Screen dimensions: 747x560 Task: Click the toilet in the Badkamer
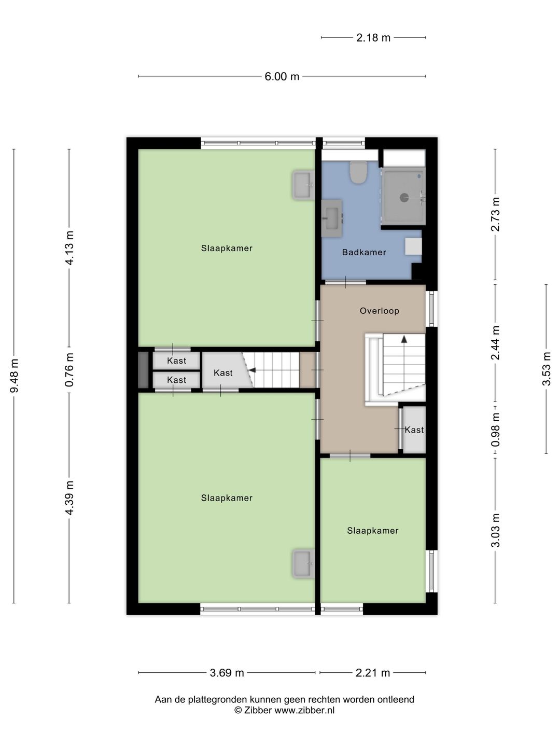[358, 172]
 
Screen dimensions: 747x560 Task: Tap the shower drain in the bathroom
[404, 197]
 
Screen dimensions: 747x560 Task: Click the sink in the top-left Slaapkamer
[303, 185]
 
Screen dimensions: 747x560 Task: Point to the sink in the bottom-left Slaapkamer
[303, 564]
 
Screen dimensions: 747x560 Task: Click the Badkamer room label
[364, 253]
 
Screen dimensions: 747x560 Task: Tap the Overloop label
[380, 311]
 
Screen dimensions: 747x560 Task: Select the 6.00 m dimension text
[282, 77]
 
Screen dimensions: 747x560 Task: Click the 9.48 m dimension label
[15, 376]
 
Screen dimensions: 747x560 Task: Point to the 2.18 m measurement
[373, 38]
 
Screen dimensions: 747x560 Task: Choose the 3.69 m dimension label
[227, 673]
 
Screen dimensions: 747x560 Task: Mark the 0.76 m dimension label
[69, 369]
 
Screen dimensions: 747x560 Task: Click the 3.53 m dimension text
[547, 369]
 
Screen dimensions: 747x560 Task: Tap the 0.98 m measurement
[496, 430]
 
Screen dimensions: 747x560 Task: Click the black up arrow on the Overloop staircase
[404, 339]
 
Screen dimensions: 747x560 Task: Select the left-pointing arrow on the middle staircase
[252, 370]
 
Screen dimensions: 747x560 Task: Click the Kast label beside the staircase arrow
[223, 373]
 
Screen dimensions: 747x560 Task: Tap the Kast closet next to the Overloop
[414, 430]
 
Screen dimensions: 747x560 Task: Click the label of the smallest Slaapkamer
[373, 531]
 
